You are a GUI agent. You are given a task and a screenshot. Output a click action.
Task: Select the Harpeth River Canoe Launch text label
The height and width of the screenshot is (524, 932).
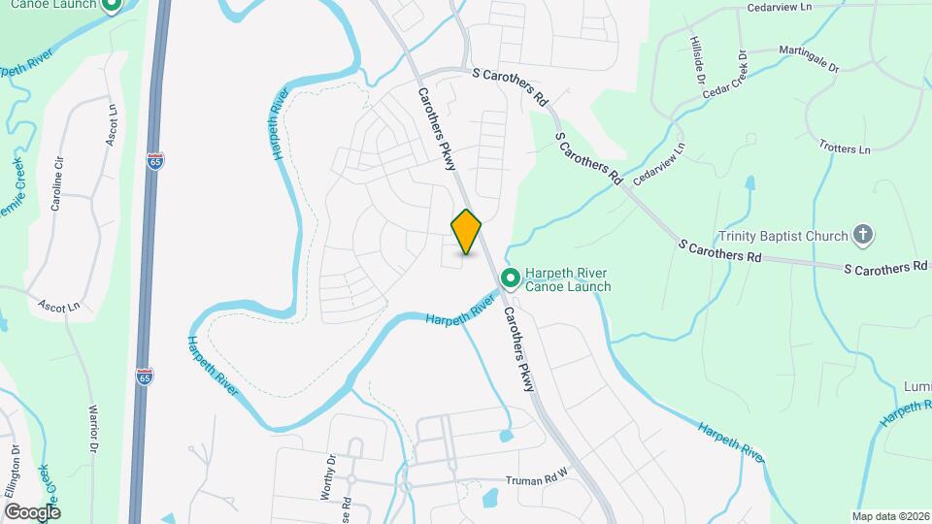[x=568, y=279]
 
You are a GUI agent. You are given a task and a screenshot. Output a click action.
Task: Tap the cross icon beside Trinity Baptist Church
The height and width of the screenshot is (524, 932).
[x=862, y=234]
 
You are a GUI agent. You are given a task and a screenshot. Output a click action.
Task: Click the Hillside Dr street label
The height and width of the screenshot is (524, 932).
[x=697, y=61]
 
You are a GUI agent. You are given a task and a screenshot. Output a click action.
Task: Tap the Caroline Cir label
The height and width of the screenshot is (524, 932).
[x=57, y=182]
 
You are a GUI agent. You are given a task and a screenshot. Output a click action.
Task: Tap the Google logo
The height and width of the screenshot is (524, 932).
[x=32, y=511]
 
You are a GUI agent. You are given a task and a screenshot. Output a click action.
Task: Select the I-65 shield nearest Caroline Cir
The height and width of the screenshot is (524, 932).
[x=155, y=162]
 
